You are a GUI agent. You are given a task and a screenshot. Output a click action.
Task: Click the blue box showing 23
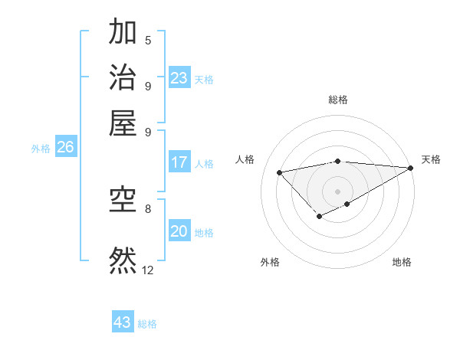pos(179,78)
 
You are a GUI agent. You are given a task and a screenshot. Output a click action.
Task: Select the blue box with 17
pos(179,162)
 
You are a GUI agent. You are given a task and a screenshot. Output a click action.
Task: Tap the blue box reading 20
pos(179,231)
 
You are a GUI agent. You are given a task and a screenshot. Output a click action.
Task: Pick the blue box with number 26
pos(65,148)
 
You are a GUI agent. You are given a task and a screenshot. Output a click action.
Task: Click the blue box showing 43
pos(123,322)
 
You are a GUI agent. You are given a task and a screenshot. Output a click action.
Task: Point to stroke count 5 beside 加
pos(148,41)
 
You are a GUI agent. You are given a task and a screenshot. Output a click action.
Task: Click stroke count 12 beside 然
pos(148,270)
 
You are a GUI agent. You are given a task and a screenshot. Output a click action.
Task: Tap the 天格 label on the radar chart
pos(431,159)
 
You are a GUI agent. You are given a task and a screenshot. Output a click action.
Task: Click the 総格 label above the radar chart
pos(338,100)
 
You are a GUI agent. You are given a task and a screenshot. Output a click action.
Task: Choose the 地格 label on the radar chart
pos(402,262)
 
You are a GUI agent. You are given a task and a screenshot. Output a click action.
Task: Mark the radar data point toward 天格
pos(412,168)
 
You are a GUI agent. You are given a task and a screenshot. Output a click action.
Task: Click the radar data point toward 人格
pos(279,172)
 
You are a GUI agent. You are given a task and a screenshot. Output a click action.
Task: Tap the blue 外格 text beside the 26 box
pos(40,149)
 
